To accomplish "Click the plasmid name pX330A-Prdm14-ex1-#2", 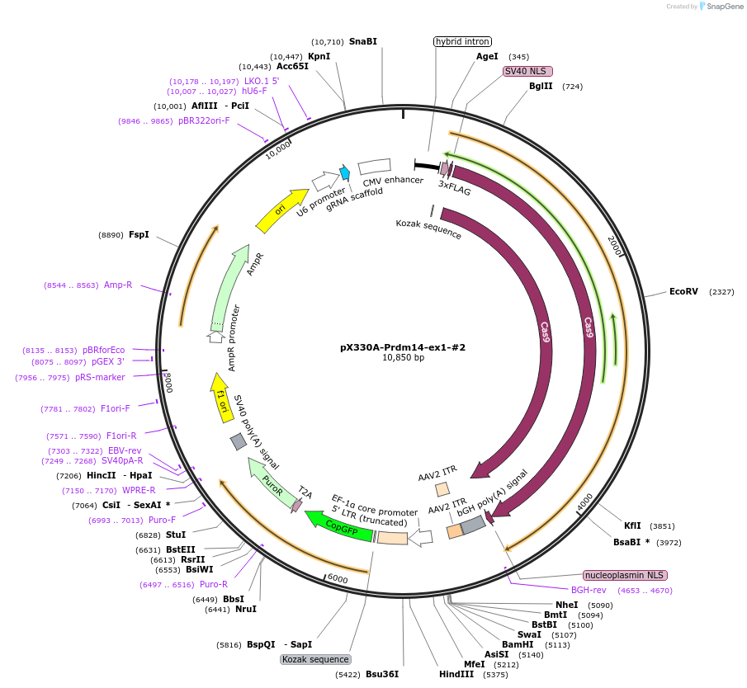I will [403, 347].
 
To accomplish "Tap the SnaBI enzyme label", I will [362, 41].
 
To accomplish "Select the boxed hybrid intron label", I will [462, 41].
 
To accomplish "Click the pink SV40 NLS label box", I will [527, 71].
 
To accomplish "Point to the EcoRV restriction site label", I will [683, 291].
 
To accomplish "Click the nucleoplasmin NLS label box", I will [625, 575].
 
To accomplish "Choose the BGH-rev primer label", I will [589, 590].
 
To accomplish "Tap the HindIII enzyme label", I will [456, 674].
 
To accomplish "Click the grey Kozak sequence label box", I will [315, 659].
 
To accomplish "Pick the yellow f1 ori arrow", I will [220, 393].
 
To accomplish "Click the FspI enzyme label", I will [139, 234].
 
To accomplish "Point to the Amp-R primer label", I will [118, 285].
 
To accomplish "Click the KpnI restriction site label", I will [319, 56].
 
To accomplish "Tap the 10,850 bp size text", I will [403, 358].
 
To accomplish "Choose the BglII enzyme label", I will [541, 86].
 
